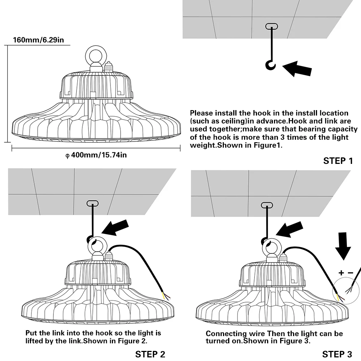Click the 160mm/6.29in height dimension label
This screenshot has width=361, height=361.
[38, 40]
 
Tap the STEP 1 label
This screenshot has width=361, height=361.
[338, 161]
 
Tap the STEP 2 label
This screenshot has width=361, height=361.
[150, 354]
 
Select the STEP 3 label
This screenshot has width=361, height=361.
[337, 354]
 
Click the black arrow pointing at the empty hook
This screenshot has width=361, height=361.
[297, 68]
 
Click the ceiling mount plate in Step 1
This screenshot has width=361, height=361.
[272, 26]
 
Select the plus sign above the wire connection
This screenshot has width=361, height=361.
[341, 273]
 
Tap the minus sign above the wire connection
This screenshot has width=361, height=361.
[351, 273]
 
